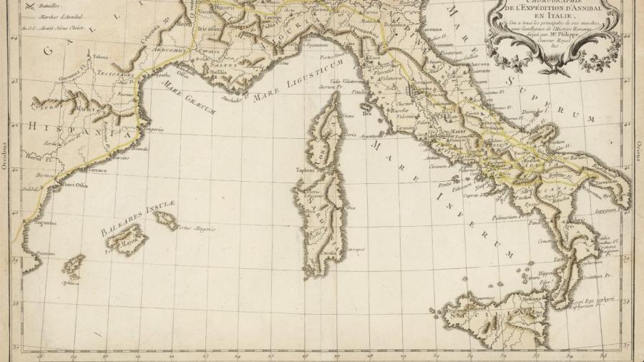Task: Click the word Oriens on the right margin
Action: tap(638, 153)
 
